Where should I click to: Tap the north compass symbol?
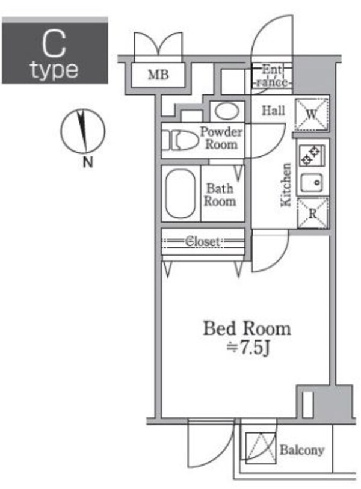click(x=83, y=131)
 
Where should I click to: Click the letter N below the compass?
click(x=88, y=162)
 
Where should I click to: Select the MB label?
click(x=158, y=75)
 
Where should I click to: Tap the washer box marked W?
click(x=312, y=114)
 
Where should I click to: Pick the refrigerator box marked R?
click(x=312, y=213)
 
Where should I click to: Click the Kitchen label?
click(x=286, y=185)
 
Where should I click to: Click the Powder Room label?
click(x=221, y=138)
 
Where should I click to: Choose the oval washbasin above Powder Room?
click(x=226, y=111)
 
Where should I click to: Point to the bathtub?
click(x=180, y=194)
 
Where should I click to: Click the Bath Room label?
click(x=219, y=194)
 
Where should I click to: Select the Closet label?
click(x=202, y=241)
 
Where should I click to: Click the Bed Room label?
click(x=247, y=329)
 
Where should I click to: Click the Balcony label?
click(x=302, y=450)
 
